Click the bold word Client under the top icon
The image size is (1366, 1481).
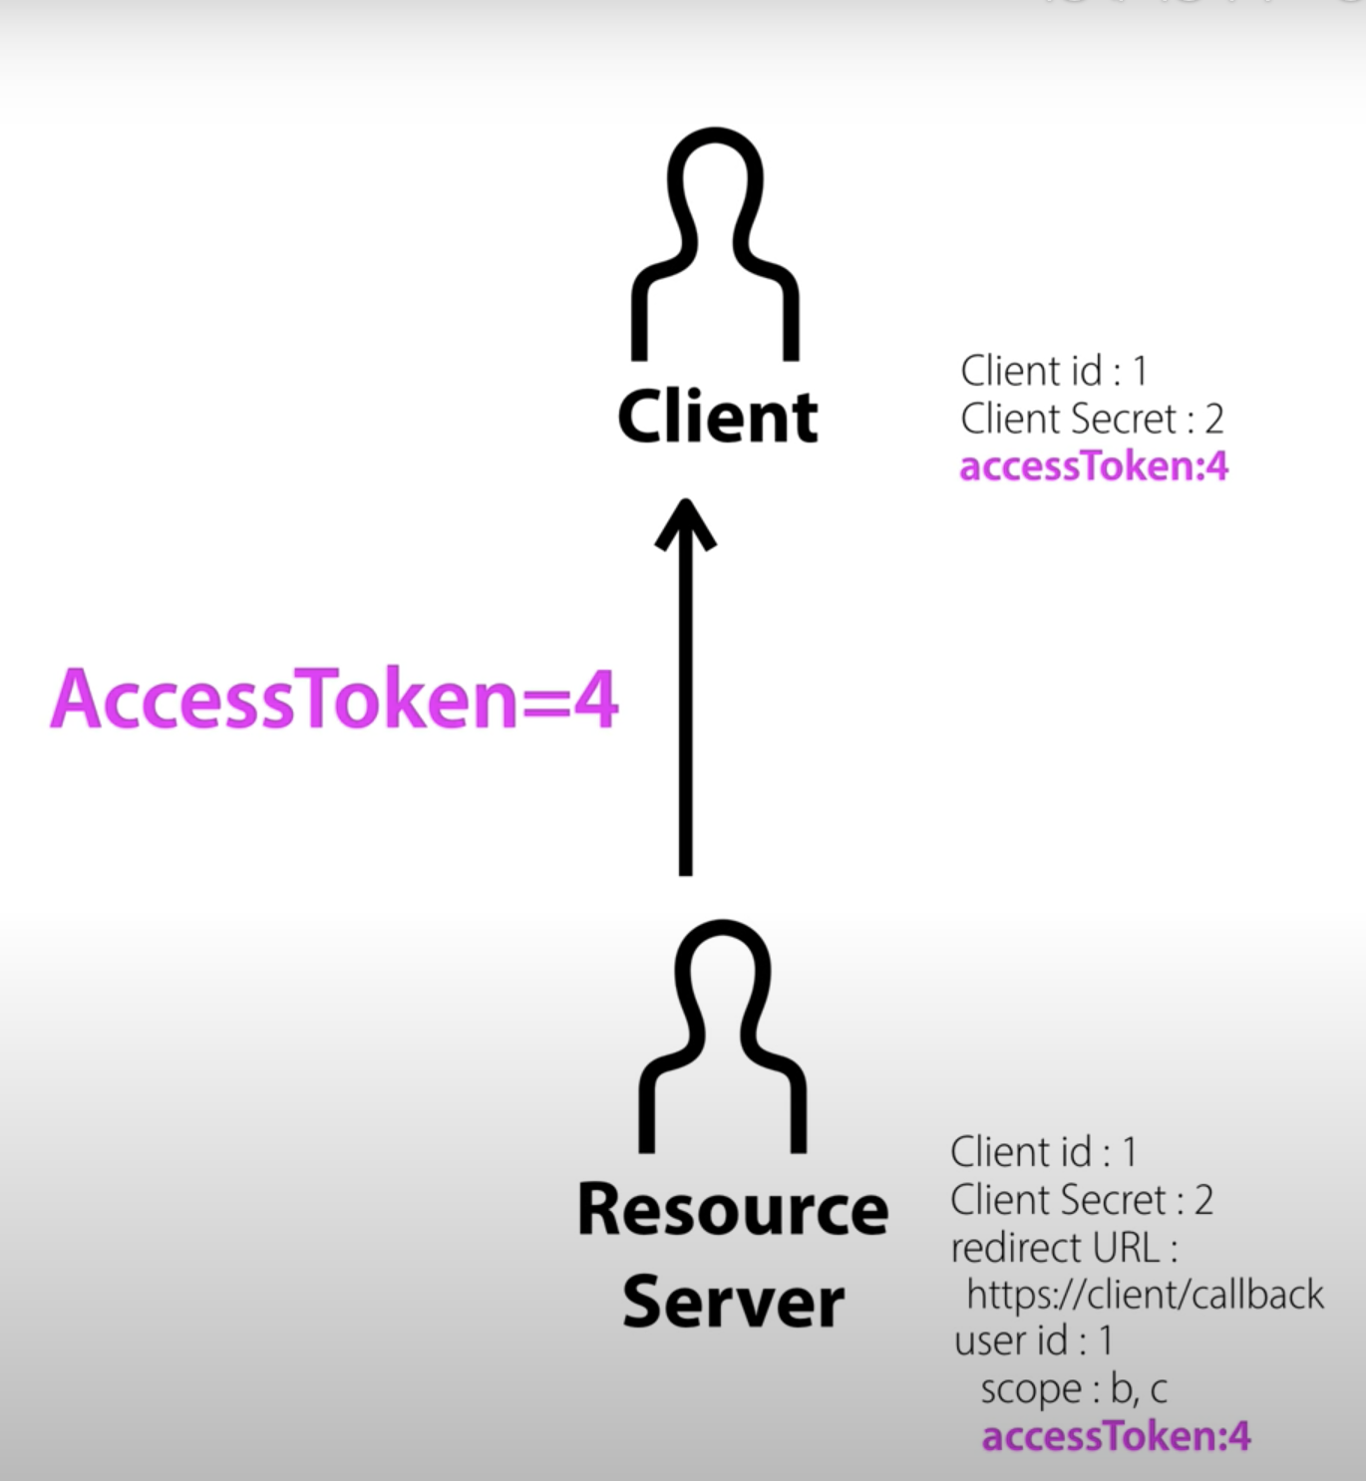pos(717,418)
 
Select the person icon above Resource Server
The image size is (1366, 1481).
pos(722,1037)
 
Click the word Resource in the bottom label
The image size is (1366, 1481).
pos(732,1210)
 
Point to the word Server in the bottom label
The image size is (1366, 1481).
pos(733,1303)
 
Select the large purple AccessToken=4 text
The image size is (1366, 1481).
pos(334,700)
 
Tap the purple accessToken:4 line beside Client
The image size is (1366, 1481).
pos(1093,466)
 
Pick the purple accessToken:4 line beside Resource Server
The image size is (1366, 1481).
pos(1115,1436)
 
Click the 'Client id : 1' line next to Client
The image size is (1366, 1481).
pos(1054,371)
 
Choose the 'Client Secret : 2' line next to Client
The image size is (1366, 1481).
pos(1092,419)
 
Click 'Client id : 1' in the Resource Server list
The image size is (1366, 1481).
pos(1043,1152)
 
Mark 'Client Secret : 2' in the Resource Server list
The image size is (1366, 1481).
pos(1081,1200)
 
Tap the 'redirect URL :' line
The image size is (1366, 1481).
pos(1064,1248)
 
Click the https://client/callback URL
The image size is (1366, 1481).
pos(1145,1295)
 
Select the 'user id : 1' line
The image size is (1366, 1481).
pos(1033,1340)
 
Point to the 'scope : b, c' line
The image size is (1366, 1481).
pos(1073,1389)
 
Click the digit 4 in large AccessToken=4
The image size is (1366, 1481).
pos(596,700)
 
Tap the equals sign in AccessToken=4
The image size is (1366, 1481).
pos(544,702)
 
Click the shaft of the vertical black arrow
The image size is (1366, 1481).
pos(686,718)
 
